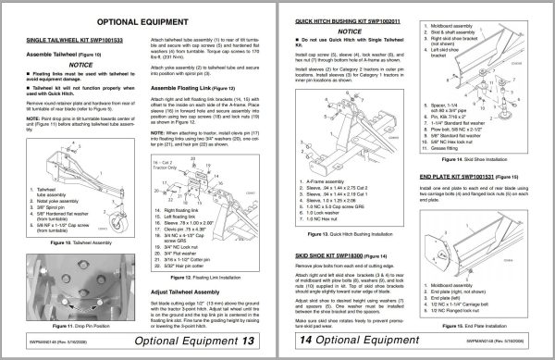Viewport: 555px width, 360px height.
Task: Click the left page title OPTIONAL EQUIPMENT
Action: [139, 19]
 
